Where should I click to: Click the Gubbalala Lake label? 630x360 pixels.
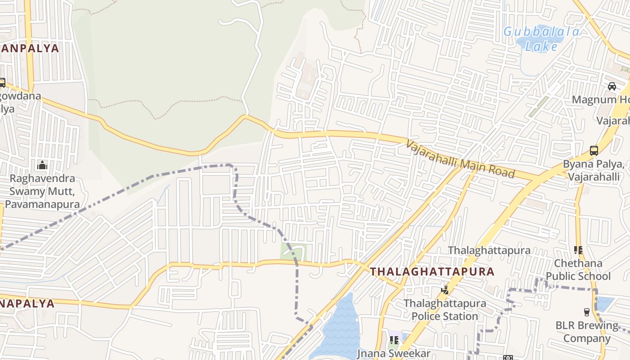point(541,39)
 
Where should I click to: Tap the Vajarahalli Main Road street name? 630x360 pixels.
point(460,159)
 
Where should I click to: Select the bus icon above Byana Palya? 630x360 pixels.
point(594,150)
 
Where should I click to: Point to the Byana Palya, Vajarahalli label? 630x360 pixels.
point(594,171)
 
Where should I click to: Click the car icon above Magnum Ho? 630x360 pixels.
point(612,86)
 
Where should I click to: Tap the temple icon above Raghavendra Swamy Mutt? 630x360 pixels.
point(42,165)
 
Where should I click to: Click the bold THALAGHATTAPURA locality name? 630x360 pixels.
point(432,272)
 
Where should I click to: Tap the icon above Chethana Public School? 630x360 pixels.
point(578,250)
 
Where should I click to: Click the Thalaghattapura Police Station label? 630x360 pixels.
point(445,310)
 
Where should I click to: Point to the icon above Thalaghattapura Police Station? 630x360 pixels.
point(445,290)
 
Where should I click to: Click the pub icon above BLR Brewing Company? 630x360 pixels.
point(586,312)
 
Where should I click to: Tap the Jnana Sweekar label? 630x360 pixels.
point(394,354)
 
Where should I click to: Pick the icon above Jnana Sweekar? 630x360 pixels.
point(394,340)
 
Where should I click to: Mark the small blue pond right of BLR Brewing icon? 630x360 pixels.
point(604,304)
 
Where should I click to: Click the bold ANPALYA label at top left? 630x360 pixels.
point(30,49)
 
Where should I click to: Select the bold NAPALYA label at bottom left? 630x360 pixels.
point(27,303)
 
